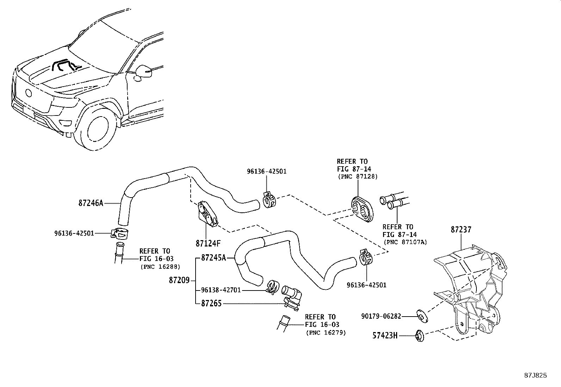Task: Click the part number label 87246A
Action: [x=91, y=203]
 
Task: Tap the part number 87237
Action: [x=461, y=230]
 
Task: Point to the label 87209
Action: [x=179, y=280]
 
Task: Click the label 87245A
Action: [x=214, y=258]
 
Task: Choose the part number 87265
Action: [x=211, y=303]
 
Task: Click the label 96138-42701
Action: [x=221, y=290]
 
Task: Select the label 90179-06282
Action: [x=381, y=316]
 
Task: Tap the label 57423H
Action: [x=385, y=336]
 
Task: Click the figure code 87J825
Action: [x=535, y=375]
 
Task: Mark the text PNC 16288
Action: [x=160, y=267]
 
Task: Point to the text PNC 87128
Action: [x=357, y=176]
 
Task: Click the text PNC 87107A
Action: [x=405, y=243]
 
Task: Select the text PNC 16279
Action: [x=326, y=332]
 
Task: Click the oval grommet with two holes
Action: [x=362, y=210]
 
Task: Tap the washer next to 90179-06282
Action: [x=421, y=315]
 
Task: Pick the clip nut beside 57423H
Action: [x=419, y=336]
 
